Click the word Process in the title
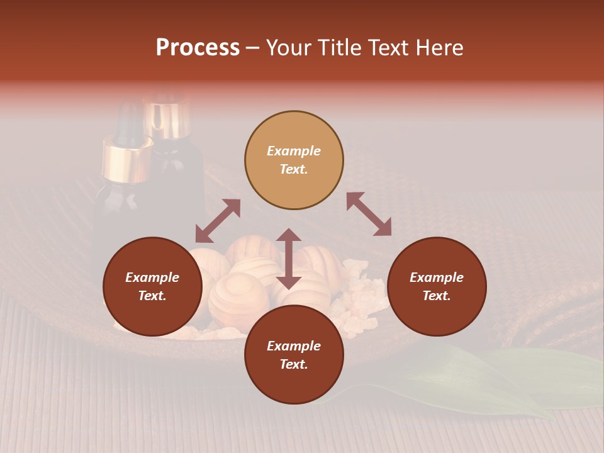tap(198, 48)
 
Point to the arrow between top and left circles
tap(218, 221)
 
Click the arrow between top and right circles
tap(369, 214)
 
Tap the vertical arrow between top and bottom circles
tap(289, 259)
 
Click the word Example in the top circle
tap(294, 151)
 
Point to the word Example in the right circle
tap(437, 277)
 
